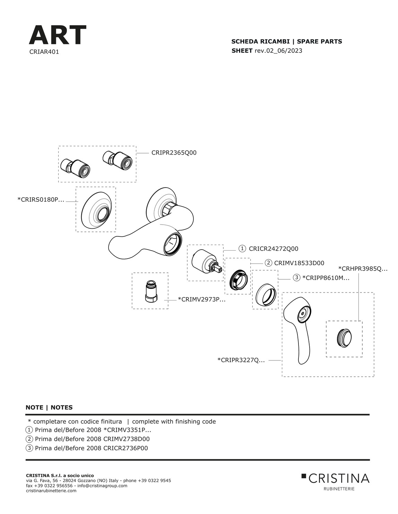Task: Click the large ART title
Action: pos(58,35)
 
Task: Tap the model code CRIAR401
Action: pos(44,52)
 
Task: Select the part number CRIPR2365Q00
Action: pos(174,153)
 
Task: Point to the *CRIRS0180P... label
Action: pos(41,200)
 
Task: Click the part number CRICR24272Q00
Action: pos(274,249)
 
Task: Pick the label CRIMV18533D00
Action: pos(299,263)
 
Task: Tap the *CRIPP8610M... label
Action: pos(326,278)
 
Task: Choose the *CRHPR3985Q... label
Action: pos(363,269)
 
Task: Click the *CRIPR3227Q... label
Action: pos(241,360)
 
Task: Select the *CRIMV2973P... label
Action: pos(202,299)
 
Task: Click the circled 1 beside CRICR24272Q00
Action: pos(242,249)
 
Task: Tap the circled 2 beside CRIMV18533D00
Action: pos(268,263)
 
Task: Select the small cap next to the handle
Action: pos(344,339)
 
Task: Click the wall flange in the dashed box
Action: pos(96,210)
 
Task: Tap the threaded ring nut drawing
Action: pos(238,280)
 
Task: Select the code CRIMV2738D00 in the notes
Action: pos(127,439)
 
